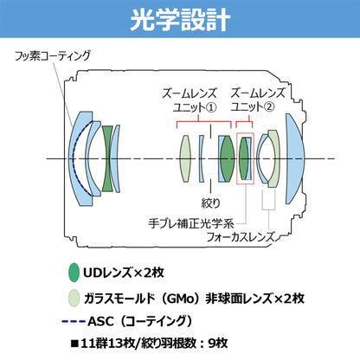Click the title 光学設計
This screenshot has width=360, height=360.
click(180, 19)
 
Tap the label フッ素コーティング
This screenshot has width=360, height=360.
click(53, 55)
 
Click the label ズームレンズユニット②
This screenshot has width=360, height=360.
click(258, 100)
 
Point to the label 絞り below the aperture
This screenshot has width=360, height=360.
click(210, 203)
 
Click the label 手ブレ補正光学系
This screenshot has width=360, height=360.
click(191, 223)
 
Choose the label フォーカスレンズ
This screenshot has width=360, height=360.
click(241, 237)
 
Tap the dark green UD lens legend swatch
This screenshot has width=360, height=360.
click(74, 273)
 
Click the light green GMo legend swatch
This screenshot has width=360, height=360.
click(74, 299)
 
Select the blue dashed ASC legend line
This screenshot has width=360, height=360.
click(74, 321)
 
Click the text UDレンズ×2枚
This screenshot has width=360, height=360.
click(124, 273)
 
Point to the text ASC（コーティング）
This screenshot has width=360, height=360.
click(140, 321)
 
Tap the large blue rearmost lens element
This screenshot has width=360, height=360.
click(293, 159)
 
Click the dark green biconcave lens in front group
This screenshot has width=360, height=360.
click(107, 159)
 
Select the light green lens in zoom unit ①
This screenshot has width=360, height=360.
click(185, 158)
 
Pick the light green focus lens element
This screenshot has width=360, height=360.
click(274, 158)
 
